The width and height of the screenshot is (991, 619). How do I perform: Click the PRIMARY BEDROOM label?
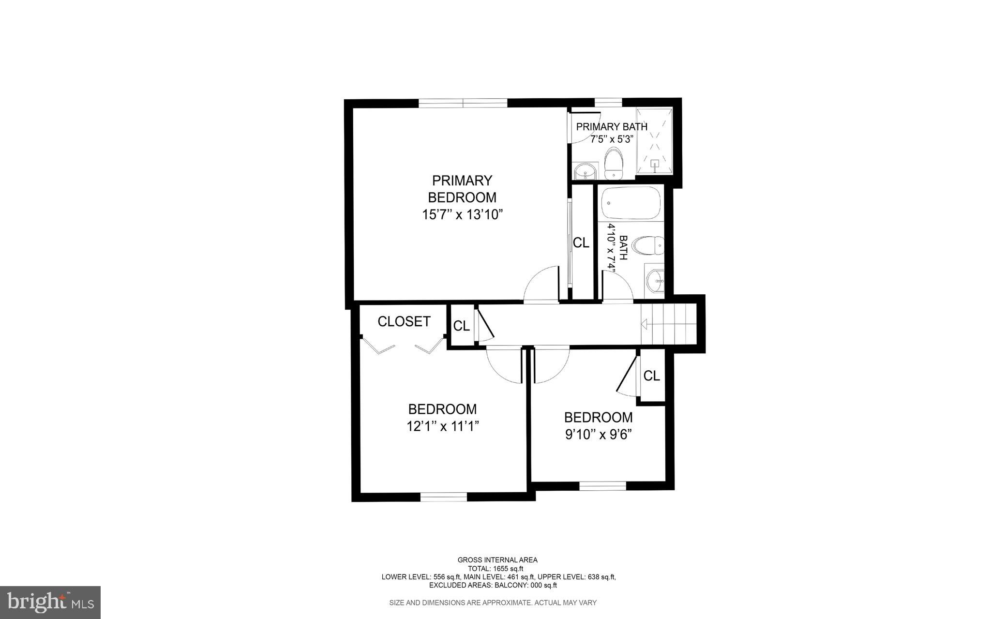(x=462, y=189)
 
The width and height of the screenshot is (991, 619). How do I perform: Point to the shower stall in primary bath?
(x=654, y=141)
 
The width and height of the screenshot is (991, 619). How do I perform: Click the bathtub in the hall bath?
(x=631, y=204)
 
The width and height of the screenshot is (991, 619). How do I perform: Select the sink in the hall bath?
(x=655, y=279)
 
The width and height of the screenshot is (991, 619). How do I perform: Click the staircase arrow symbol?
(x=644, y=323)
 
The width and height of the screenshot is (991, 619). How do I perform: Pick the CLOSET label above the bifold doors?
(x=404, y=321)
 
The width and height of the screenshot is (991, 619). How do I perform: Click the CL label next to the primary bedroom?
(x=581, y=243)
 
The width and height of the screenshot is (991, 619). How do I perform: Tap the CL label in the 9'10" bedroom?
(x=651, y=376)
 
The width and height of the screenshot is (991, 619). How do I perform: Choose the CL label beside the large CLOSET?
(x=461, y=326)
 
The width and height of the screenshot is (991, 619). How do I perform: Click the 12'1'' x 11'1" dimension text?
(x=443, y=426)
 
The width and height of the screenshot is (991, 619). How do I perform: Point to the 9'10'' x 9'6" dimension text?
(x=599, y=435)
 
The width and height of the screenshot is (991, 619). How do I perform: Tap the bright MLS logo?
(x=50, y=602)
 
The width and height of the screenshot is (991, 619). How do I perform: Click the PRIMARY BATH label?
(x=612, y=127)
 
